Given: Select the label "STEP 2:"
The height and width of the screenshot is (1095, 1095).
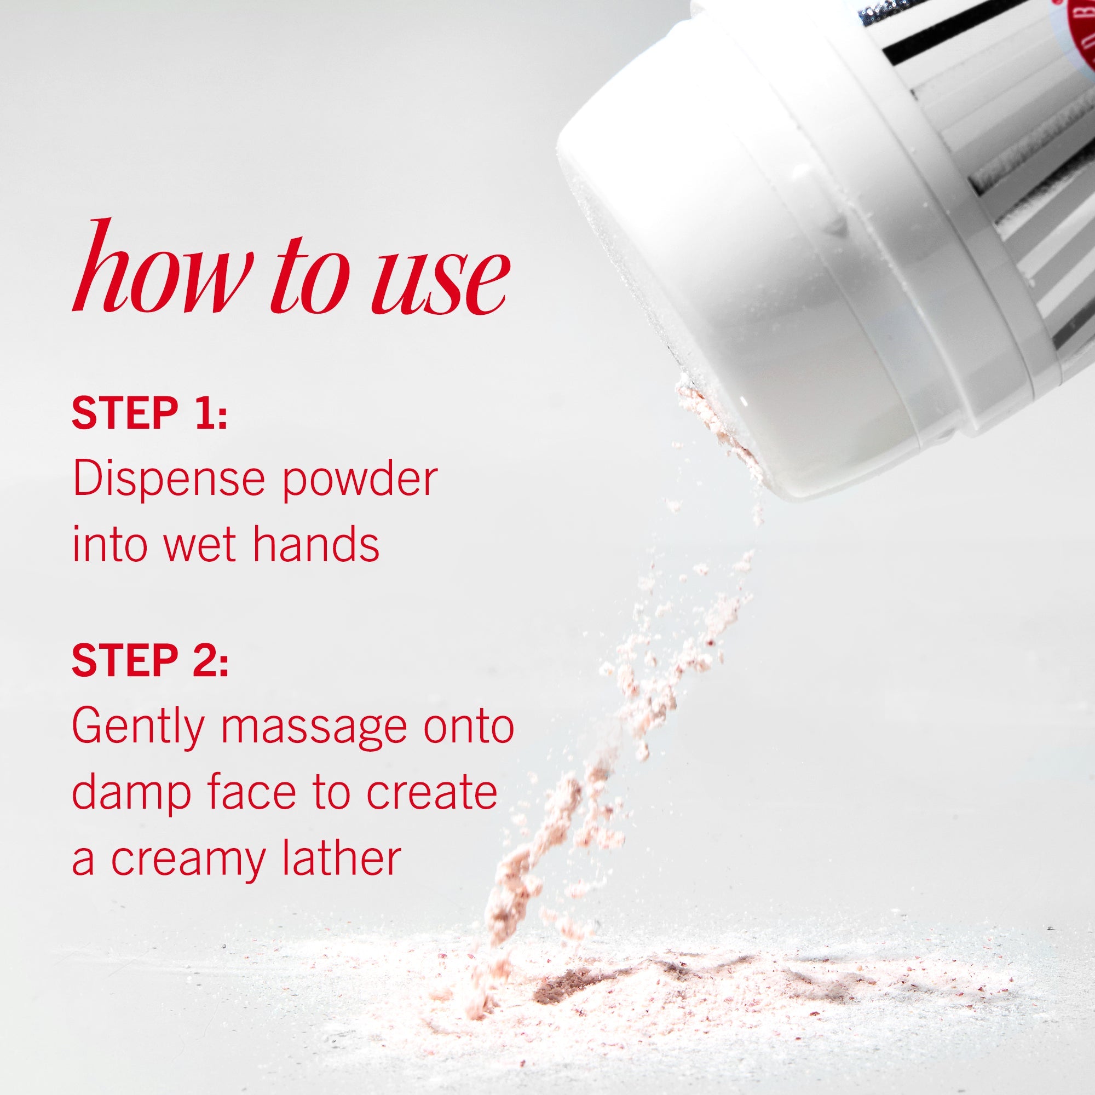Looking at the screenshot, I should pos(150,661).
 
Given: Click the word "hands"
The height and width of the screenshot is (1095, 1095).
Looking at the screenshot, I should pos(316,545).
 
